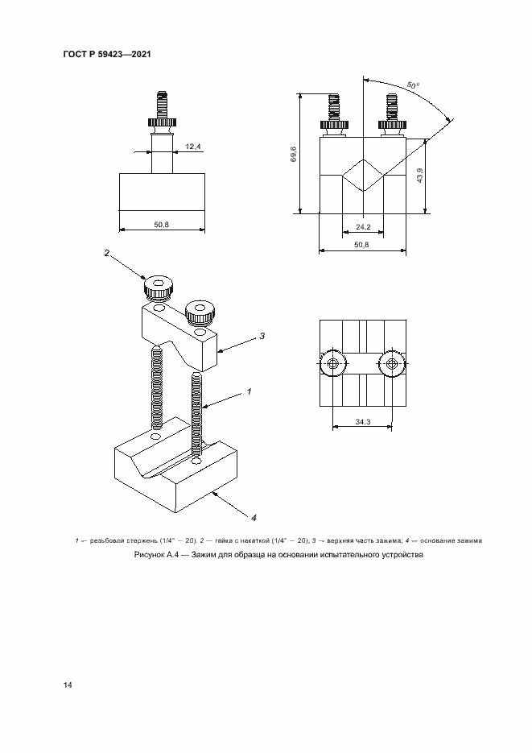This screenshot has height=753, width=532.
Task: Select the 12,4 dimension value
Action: pyautogui.click(x=192, y=147)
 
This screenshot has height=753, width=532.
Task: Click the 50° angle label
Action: pyautogui.click(x=413, y=85)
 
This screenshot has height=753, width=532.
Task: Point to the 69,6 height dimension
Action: pyautogui.click(x=294, y=154)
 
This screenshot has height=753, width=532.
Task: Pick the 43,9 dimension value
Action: pyautogui.click(x=420, y=174)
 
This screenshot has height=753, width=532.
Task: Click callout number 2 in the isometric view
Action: pyautogui.click(x=106, y=253)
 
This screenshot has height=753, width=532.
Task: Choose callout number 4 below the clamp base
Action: pyautogui.click(x=254, y=516)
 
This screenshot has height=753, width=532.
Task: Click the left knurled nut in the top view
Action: pyautogui.click(x=332, y=365)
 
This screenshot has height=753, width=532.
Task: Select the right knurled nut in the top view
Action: pyautogui.click(x=392, y=365)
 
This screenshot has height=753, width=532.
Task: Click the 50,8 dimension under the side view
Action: pyautogui.click(x=161, y=224)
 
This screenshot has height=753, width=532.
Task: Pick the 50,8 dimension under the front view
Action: pyautogui.click(x=361, y=245)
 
